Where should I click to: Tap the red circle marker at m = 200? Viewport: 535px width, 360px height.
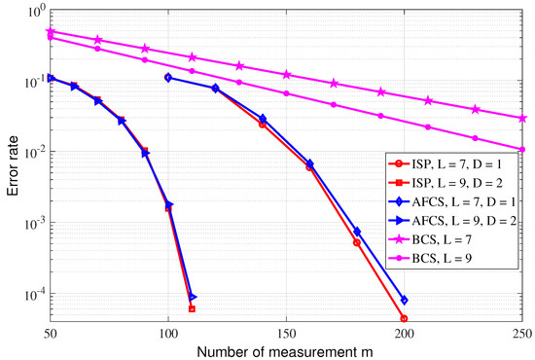405,318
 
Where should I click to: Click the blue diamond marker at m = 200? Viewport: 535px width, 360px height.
405,300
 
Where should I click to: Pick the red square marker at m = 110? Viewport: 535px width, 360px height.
192,308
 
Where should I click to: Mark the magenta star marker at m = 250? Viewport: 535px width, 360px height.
522,118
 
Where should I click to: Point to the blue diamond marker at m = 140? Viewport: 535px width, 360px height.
263,119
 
